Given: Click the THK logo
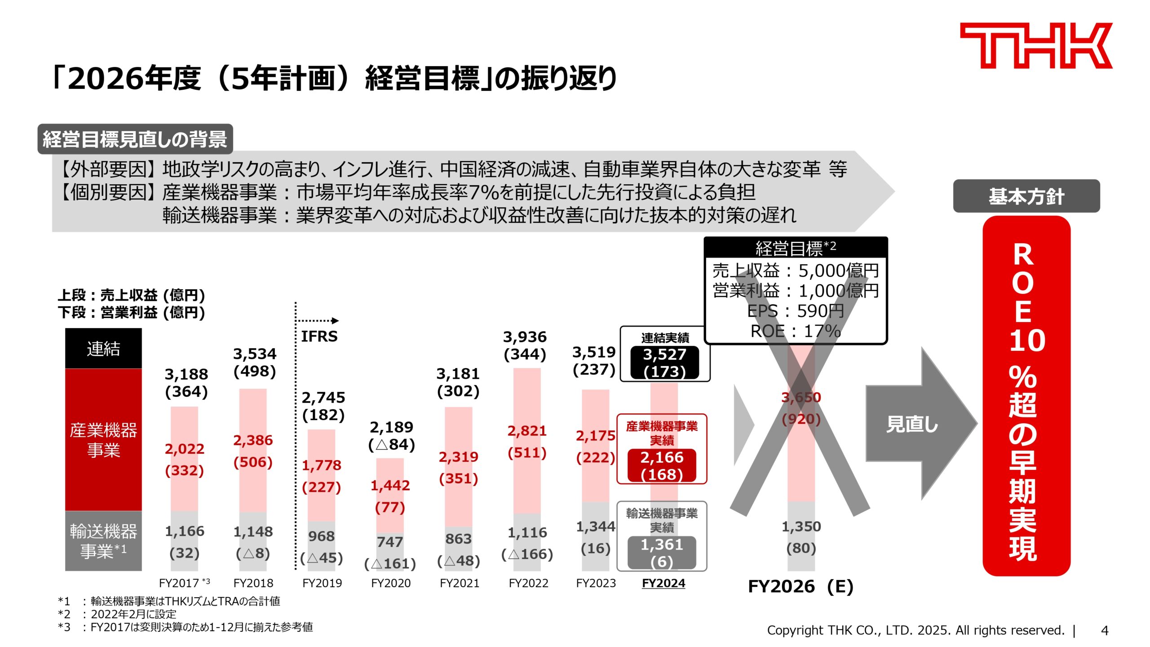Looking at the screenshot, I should tap(1035, 46).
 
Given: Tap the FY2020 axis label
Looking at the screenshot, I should tap(390, 583).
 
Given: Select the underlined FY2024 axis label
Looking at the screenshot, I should tap(663, 583).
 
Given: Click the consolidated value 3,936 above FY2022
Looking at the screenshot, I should tap(525, 337).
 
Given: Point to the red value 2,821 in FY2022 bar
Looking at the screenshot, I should tap(527, 431).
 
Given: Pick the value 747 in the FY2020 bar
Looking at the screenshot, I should tap(389, 542).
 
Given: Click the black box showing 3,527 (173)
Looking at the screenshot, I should tap(664, 363).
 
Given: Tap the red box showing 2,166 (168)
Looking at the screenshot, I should tap(662, 465).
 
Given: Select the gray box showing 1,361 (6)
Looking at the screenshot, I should tap(662, 553).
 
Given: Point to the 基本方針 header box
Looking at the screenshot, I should tap(1026, 196).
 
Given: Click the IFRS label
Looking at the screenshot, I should tap(319, 336).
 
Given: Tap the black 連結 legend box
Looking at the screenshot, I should tap(103, 349).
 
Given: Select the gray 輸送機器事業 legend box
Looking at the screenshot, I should tap(103, 541).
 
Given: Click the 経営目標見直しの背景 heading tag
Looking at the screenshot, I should tap(135, 139).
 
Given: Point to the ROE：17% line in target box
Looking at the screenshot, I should tap(795, 332).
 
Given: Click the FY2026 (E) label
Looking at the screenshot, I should tap(801, 587).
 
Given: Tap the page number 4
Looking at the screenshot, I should tap(1105, 631).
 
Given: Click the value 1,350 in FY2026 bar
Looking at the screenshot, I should tap(801, 527).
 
